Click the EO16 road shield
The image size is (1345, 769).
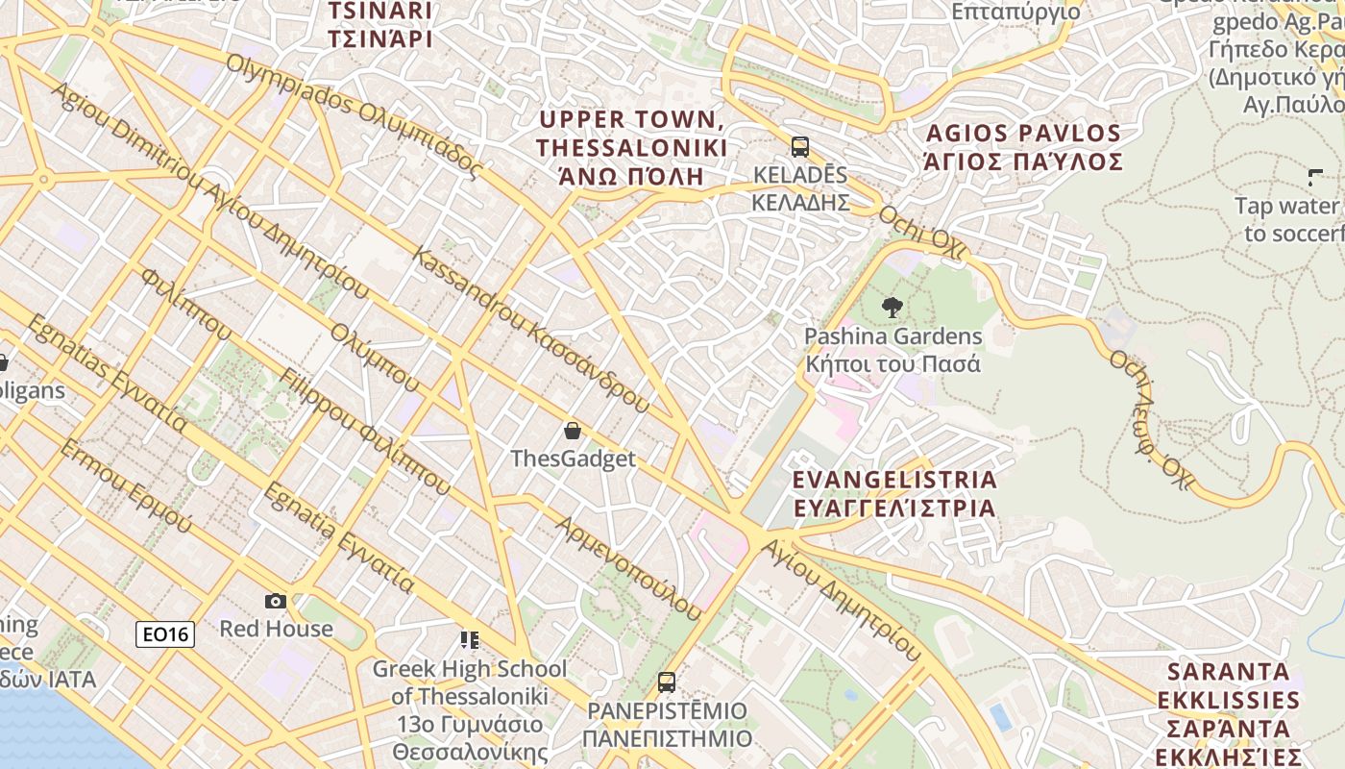165,633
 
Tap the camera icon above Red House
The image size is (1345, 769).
276,601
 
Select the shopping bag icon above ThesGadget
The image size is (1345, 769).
573,430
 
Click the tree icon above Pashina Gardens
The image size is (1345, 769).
893,308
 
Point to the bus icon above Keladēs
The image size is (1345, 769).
800,147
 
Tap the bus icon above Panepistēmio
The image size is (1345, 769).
667,682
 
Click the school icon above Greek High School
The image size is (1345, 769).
469,639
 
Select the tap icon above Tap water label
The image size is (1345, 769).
1315,177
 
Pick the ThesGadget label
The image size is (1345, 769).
573,459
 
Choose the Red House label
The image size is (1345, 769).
276,629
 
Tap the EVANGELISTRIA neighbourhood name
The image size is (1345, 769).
893,493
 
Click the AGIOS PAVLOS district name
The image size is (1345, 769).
1023,146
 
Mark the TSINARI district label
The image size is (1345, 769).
380,25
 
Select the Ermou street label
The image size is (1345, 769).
126,486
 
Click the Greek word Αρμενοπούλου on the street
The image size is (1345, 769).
629,566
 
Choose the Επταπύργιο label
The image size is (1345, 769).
1015,12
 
